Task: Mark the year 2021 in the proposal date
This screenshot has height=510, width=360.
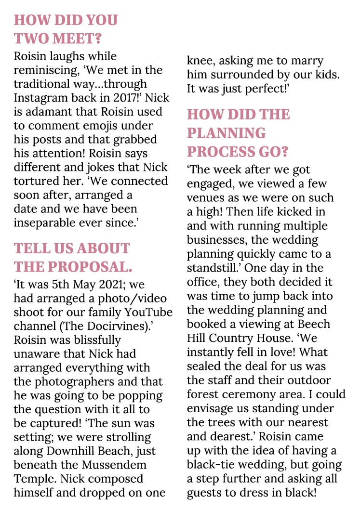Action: [109, 284]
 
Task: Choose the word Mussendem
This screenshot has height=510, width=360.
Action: [116, 466]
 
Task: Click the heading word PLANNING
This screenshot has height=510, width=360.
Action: [226, 133]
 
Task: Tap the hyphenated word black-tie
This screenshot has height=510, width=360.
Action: [214, 465]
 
